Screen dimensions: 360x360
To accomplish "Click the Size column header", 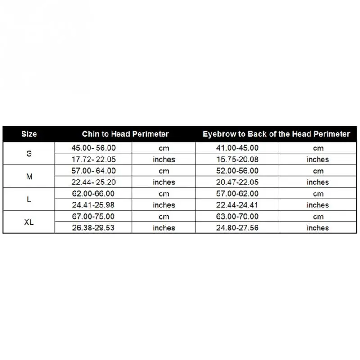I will tap(29, 134).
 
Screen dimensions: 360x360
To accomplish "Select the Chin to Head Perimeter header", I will tap(125, 134).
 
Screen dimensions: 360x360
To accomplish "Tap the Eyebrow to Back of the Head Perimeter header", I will tap(276, 134).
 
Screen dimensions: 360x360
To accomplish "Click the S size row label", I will tap(29, 153).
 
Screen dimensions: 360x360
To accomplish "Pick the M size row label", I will tap(29, 176).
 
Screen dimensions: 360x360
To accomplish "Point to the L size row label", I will tap(29, 199).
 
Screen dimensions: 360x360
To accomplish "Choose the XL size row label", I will tap(29, 222).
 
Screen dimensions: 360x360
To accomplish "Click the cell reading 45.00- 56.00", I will tap(93, 148).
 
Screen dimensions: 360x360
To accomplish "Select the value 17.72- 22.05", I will tap(93, 159).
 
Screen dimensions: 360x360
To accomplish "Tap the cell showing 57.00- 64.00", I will tap(93, 171).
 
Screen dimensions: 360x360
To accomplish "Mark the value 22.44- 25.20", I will tap(93, 182).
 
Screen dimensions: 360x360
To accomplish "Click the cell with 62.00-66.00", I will tap(93, 193).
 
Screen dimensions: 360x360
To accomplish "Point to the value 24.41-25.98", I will tap(93, 205).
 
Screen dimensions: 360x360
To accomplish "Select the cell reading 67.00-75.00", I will tap(93, 216).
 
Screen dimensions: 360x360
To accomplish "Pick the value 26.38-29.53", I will tap(93, 228).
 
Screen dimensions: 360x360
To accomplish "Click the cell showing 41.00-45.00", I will tap(237, 148).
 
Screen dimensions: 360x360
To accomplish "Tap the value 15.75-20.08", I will tap(237, 159).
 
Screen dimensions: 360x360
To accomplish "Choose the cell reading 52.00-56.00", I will tap(237, 171).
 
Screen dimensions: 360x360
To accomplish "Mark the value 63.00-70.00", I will tap(237, 216).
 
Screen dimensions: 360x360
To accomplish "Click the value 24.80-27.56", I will tap(237, 228).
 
